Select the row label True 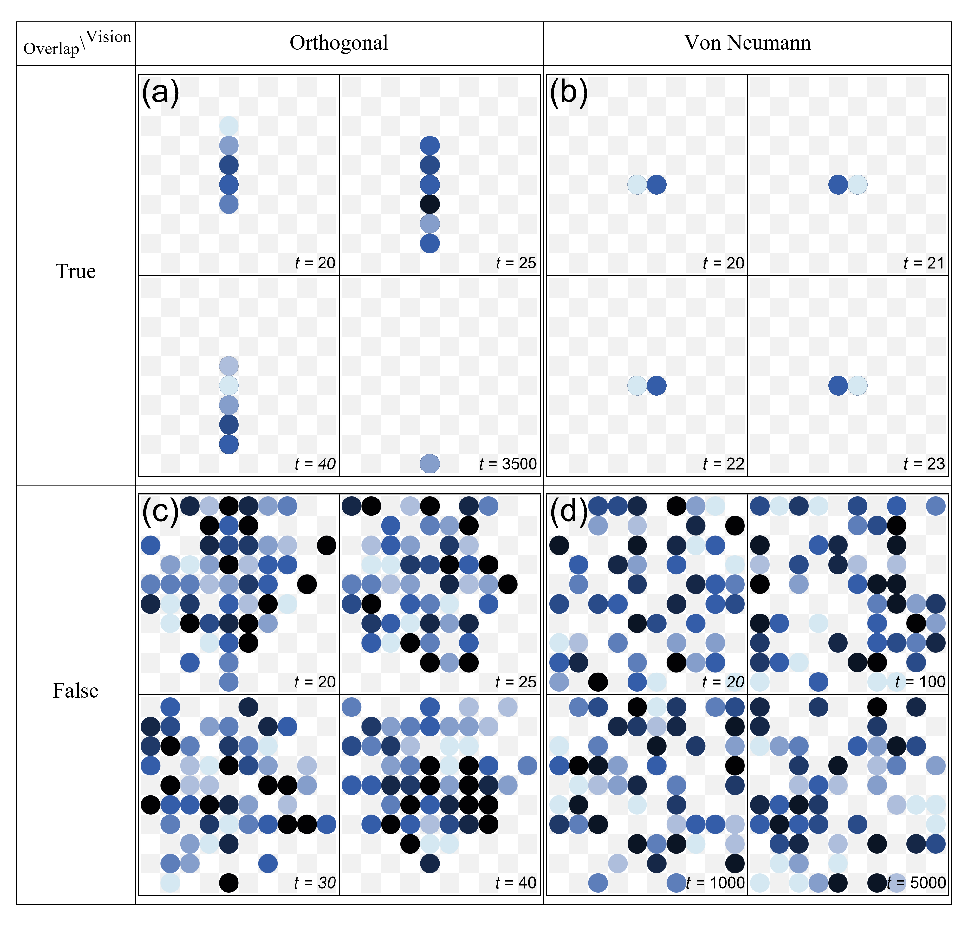(x=76, y=271)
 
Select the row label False (x=76, y=690)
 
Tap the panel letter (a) (x=160, y=92)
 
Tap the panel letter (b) (x=568, y=92)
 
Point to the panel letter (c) (x=160, y=511)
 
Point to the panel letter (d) (x=568, y=511)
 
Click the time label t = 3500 (x=507, y=464)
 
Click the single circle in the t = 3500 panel (x=429, y=464)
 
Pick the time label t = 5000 (x=916, y=883)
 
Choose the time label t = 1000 (x=715, y=883)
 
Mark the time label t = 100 (x=920, y=682)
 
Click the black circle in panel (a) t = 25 (x=429, y=204)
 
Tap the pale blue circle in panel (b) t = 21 (x=858, y=185)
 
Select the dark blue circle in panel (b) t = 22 (x=656, y=385)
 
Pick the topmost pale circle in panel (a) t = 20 (x=228, y=126)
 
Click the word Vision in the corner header (x=108, y=37)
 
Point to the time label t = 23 (x=924, y=464)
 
